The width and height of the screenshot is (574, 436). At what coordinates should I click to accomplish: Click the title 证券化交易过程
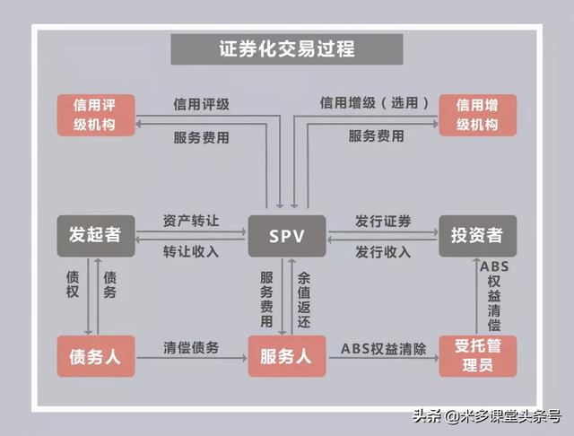coord(287,49)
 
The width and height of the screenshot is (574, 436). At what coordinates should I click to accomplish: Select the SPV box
coord(287,236)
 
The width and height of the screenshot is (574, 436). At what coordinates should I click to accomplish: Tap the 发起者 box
coord(96,236)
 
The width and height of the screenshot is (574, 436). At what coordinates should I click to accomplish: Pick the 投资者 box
coord(478,236)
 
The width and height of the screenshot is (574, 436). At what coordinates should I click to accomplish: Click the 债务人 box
coord(96,356)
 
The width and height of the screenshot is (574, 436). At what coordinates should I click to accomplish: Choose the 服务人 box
coord(287,356)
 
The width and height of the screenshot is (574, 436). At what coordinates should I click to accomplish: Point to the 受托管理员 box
coord(478,356)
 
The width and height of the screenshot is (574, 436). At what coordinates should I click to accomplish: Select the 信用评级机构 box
coord(96,115)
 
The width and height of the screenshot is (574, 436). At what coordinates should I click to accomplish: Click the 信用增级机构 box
coord(478,115)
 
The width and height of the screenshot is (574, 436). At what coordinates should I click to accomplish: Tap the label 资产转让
coord(191,221)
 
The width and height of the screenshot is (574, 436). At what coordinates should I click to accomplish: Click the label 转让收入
coord(191,252)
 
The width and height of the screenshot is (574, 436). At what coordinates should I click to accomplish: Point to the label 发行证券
coord(383,221)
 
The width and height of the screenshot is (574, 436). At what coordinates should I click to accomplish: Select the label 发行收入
coord(383,252)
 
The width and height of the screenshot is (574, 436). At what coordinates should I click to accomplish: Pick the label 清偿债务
coord(191,347)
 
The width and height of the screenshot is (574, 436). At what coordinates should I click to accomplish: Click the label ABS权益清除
coord(383,349)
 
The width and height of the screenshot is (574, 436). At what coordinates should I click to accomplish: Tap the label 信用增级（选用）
coord(375,103)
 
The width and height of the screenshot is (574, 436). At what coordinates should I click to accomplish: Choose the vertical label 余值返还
coord(304,300)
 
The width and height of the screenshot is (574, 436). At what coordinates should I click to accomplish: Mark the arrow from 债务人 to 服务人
coord(192,358)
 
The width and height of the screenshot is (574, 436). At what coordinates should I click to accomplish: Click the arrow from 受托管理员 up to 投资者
coord(476,296)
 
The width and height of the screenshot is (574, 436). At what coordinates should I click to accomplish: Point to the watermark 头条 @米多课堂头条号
coord(487,416)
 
